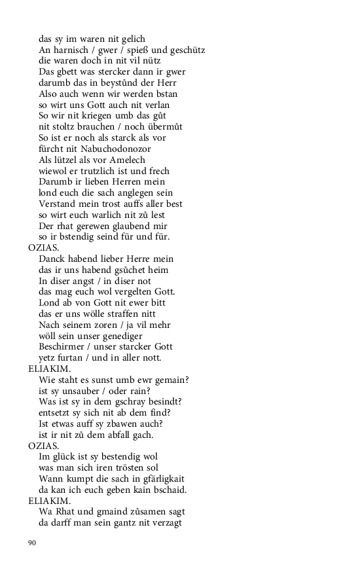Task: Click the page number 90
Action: [x=32, y=543]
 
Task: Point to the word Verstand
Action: [x=60, y=204]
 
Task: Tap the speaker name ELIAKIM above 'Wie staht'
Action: [x=48, y=369]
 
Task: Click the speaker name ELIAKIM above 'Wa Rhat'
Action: [x=48, y=501]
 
